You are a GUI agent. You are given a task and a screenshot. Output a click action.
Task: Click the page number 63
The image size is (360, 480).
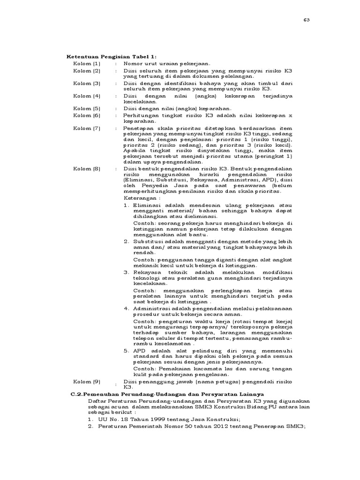coord(307,20)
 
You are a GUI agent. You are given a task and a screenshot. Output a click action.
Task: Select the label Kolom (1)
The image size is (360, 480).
coord(87,63)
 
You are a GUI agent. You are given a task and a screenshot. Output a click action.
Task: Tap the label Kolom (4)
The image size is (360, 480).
coord(87,96)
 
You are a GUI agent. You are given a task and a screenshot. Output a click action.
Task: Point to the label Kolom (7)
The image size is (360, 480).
coord(87,128)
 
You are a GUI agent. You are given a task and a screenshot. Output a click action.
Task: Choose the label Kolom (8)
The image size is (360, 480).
coord(87,168)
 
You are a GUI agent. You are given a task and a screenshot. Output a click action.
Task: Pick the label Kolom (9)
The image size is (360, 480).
coord(87,382)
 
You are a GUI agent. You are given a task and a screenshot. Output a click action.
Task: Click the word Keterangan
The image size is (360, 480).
coord(138,198)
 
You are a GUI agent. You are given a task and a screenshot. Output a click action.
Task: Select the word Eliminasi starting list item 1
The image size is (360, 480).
coord(148,205)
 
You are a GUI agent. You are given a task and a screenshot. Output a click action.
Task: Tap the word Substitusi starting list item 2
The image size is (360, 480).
coord(150,241)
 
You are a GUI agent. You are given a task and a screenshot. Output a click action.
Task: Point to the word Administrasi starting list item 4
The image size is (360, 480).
coord(152,308)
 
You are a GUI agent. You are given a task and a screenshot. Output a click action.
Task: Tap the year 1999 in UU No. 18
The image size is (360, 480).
coord(152,420)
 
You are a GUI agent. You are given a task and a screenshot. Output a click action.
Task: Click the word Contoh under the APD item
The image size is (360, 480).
coord(144,368)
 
